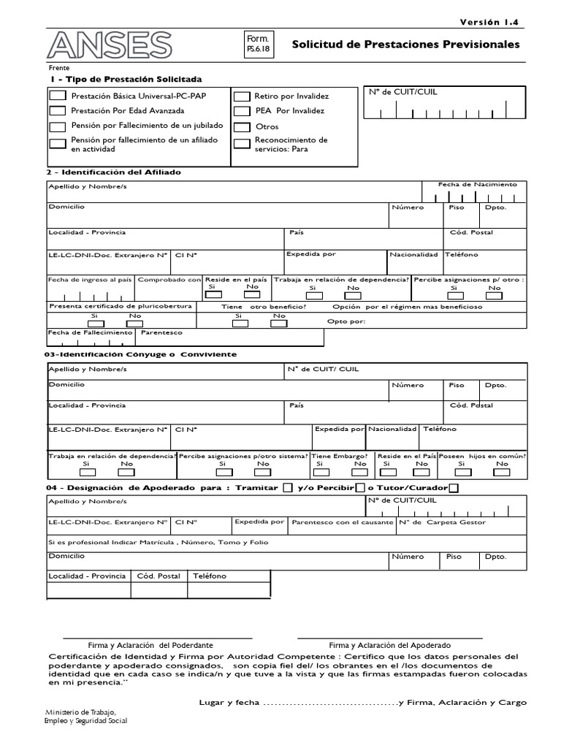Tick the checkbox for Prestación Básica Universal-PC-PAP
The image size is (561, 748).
click(x=57, y=96)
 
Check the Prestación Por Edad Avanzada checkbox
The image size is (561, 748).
click(x=57, y=111)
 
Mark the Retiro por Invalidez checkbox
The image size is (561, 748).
click(x=242, y=96)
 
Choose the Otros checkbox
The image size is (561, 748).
click(x=242, y=126)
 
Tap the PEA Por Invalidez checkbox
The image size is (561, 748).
click(x=242, y=111)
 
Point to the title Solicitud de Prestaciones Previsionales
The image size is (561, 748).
click(x=405, y=45)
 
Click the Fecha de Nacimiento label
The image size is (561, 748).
click(x=476, y=185)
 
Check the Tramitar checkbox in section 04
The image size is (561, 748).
click(x=287, y=488)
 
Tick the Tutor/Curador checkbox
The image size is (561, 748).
click(x=454, y=488)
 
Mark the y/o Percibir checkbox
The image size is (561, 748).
click(x=359, y=488)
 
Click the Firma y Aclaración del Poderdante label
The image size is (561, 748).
click(x=150, y=645)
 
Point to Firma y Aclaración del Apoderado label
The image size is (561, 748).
click(x=389, y=645)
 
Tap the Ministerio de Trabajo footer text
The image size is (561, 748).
click(x=80, y=712)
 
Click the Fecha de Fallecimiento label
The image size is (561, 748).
click(x=90, y=332)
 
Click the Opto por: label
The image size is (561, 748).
click(x=346, y=321)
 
